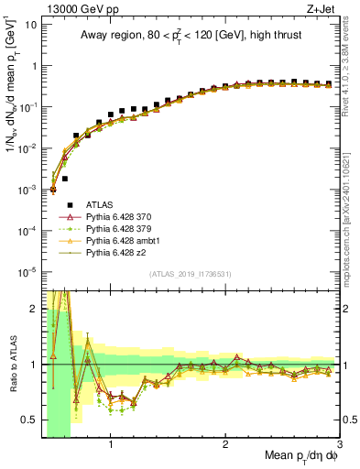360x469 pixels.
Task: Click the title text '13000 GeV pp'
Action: click(71, 7)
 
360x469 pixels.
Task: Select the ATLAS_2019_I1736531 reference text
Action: click(191, 273)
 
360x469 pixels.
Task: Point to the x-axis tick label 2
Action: click(225, 444)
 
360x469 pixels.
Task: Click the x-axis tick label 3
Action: click(340, 444)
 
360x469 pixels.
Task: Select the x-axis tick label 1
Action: click(111, 444)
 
